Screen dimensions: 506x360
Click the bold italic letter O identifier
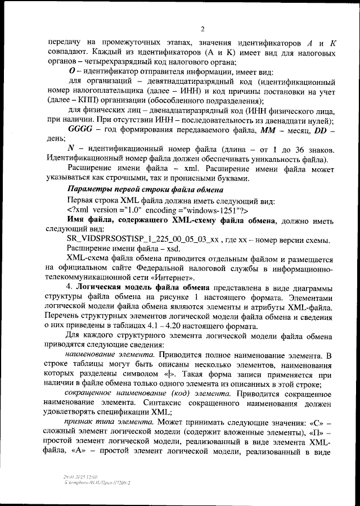71,71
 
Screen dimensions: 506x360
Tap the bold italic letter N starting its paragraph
71,149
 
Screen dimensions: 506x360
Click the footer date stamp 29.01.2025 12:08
80,476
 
